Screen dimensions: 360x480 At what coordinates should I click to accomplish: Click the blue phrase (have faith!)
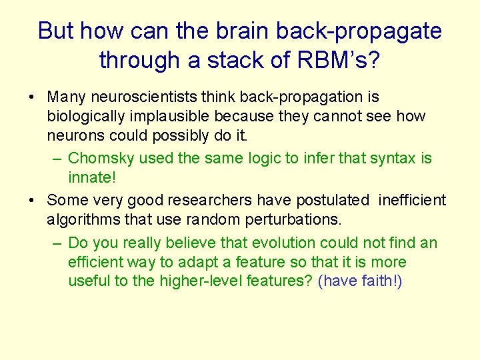(361, 281)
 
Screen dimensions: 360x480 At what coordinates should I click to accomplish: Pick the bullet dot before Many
(32, 98)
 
